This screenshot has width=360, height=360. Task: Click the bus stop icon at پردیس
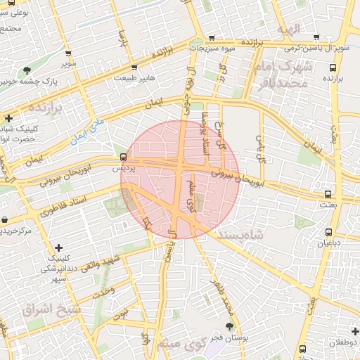[124, 157]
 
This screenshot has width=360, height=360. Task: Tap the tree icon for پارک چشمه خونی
[27, 70]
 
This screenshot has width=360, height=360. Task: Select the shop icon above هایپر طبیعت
[137, 67]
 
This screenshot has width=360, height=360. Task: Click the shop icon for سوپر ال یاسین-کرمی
[316, 37]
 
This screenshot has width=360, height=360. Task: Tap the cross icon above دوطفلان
[354, 330]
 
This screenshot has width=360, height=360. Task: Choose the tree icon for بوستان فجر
[230, 326]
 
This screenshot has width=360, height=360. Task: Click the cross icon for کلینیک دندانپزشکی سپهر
[58, 247]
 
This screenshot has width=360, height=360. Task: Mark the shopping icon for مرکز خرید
[5, 219]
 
